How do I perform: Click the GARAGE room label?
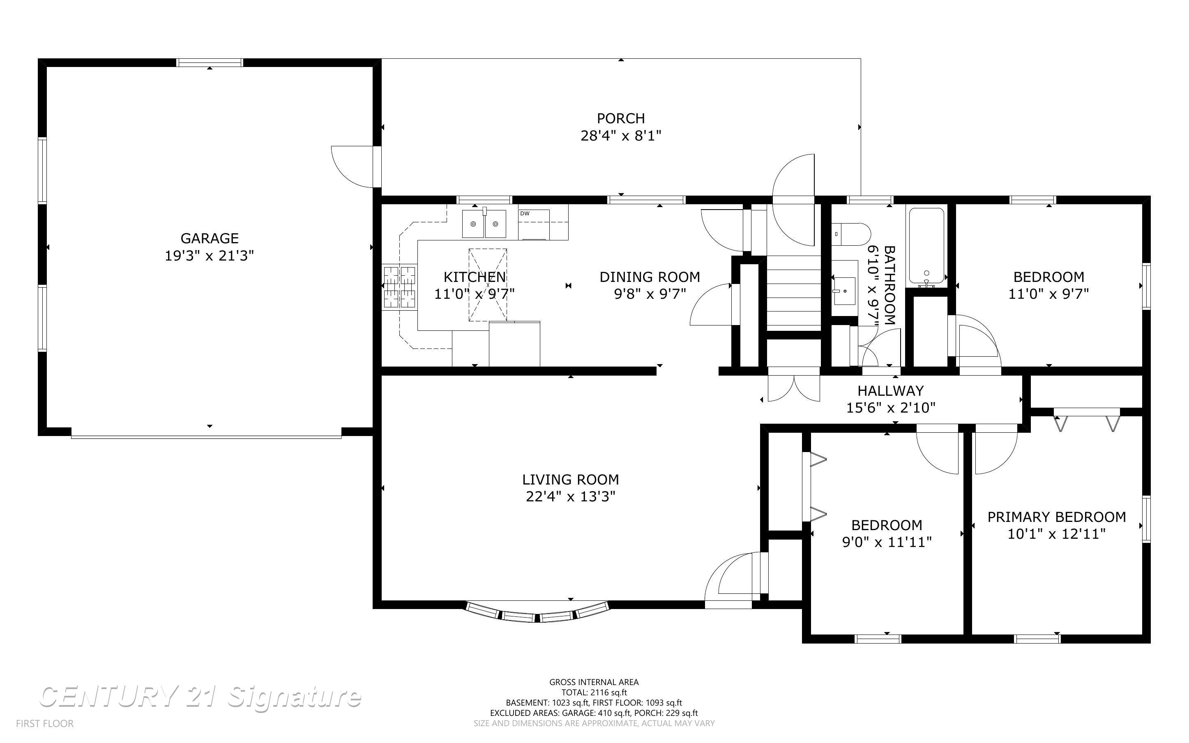coord(210,238)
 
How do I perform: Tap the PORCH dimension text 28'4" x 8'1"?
coord(621,136)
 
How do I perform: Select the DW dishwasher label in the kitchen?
coord(525,213)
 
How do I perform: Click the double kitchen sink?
coord(484,224)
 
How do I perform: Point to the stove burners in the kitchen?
coord(400,287)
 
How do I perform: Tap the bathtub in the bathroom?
coord(926,246)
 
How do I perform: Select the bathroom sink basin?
coord(844,291)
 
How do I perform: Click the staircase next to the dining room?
coord(794,293)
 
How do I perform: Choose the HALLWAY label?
coord(890,391)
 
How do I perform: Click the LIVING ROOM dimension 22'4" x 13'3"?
coord(570,497)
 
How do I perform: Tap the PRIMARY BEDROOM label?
coord(1056,517)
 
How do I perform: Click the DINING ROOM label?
coord(650,277)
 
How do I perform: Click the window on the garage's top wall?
coord(210,62)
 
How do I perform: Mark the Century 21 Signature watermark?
coord(200,697)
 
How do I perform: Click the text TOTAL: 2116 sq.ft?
coord(594,692)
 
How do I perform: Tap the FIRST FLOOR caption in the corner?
coord(45,723)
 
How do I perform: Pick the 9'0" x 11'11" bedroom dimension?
coord(887,542)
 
